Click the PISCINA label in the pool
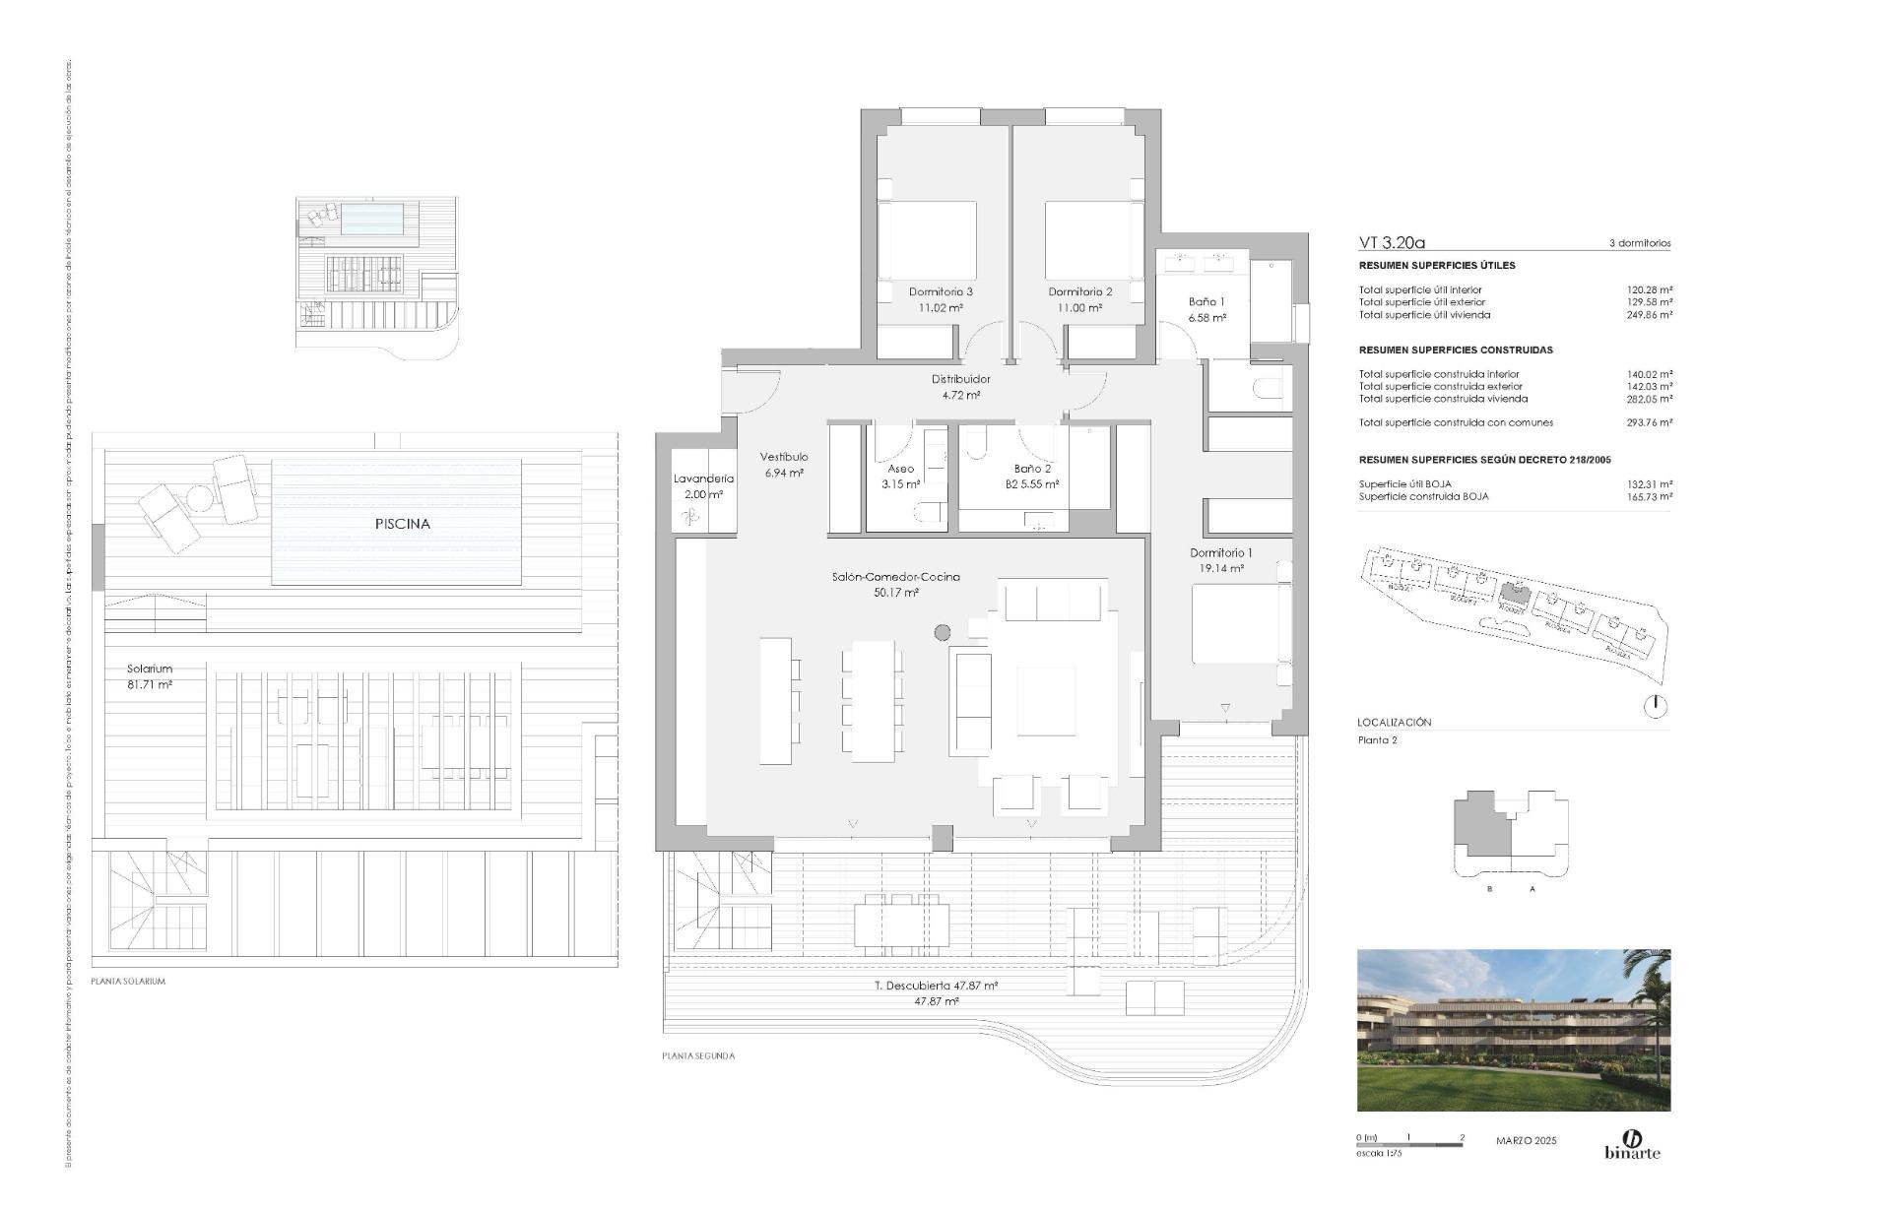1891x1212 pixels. pos(402,524)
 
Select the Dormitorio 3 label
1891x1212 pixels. pos(941,292)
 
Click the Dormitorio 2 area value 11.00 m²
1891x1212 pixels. pos(1079,308)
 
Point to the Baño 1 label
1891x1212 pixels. pos(1206,302)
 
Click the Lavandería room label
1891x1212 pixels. pos(703,479)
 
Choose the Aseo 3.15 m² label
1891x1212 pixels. pos(900,477)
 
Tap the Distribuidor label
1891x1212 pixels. pos(960,379)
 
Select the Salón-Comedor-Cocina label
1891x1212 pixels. pos(895,577)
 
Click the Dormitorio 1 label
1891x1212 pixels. pos(1220,553)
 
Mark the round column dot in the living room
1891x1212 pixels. pos(943,632)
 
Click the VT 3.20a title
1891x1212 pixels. pos(1392,242)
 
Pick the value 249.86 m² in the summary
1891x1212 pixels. pos(1650,315)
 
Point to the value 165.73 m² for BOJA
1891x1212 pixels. pos(1650,496)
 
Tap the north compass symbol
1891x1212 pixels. pos(1657,706)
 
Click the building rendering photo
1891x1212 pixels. pos(1513,1030)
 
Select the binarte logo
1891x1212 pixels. pos(1632,1145)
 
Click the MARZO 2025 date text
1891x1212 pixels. pos(1526,1141)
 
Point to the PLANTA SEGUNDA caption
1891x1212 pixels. pos(697,1055)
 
